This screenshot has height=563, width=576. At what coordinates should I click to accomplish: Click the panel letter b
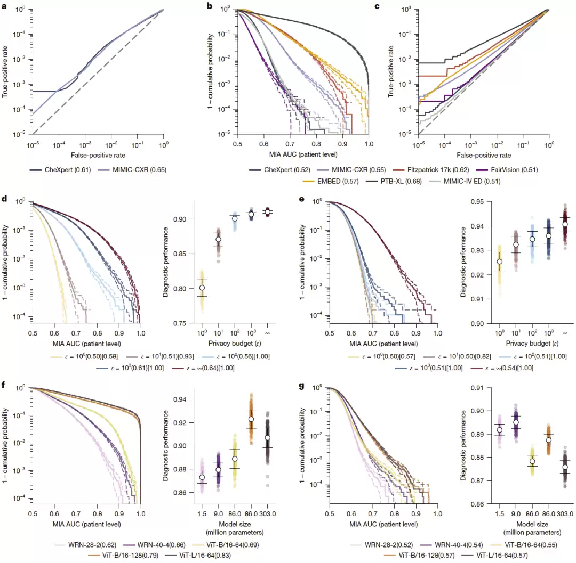pyautogui.click(x=210, y=6)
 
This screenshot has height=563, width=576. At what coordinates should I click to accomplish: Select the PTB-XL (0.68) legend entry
pyautogui.click(x=394, y=181)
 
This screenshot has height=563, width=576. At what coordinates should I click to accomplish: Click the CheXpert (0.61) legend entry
pyautogui.click(x=60, y=170)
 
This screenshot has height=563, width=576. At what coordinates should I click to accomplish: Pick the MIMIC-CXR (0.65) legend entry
pyautogui.click(x=132, y=170)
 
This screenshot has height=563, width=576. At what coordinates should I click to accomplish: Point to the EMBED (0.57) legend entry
pyautogui.click(x=330, y=181)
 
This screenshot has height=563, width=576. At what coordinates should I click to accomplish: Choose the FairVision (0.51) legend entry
pyautogui.click(x=507, y=170)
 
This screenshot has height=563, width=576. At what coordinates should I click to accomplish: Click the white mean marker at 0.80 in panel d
pyautogui.click(x=202, y=288)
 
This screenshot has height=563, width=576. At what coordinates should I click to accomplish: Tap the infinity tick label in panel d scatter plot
pyautogui.click(x=267, y=333)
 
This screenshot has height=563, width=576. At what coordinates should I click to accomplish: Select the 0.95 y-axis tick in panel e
pyautogui.click(x=477, y=202)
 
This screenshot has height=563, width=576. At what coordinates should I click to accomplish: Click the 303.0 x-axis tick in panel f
pyautogui.click(x=267, y=514)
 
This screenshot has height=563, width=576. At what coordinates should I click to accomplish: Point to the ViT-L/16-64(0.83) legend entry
pyautogui.click(x=198, y=556)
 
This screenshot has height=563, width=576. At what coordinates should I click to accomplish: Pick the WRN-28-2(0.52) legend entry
pyautogui.click(x=381, y=545)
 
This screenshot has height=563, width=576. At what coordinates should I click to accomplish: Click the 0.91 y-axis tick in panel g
pyautogui.click(x=477, y=388)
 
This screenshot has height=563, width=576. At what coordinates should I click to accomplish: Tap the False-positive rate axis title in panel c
pyautogui.click(x=484, y=155)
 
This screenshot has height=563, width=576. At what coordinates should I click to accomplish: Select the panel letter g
pyautogui.click(x=301, y=386)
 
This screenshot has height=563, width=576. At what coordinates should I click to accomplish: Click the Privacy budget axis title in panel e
pyautogui.click(x=532, y=344)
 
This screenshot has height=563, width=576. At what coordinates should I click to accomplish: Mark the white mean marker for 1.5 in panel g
pyautogui.click(x=500, y=430)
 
